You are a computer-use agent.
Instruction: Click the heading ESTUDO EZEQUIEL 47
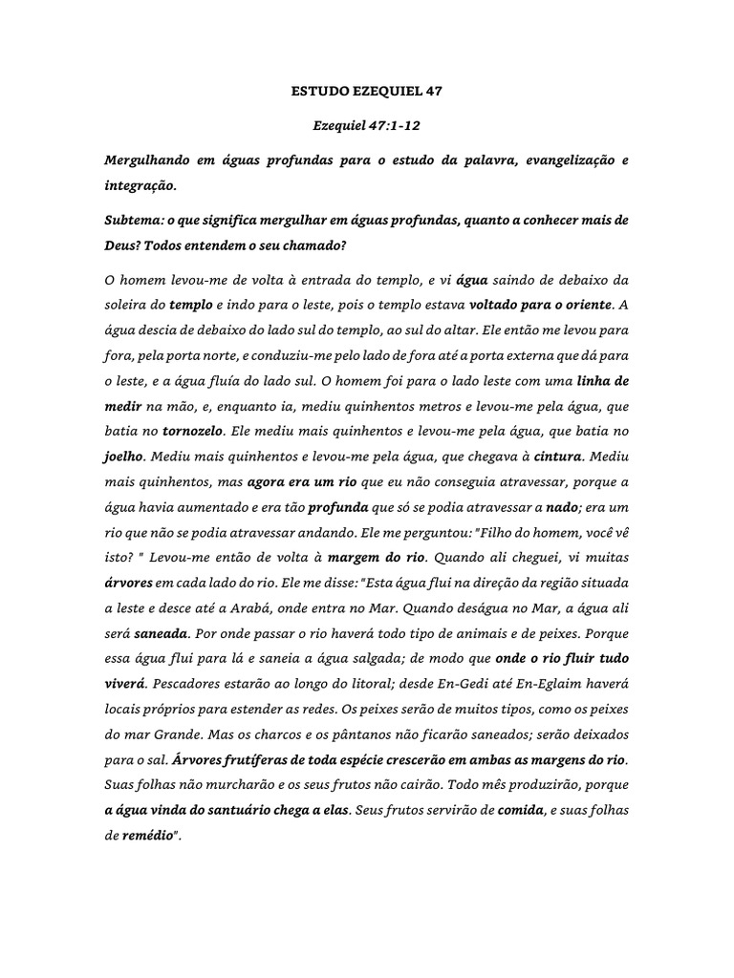point(367,93)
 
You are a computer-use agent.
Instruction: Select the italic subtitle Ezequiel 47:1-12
point(367,125)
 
